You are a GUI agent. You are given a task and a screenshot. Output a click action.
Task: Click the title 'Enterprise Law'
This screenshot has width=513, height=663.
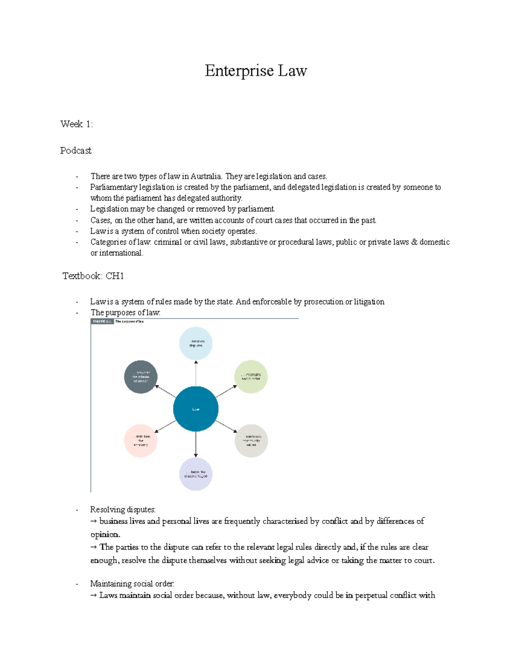(x=256, y=71)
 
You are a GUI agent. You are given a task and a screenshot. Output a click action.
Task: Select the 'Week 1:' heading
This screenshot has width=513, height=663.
(x=77, y=124)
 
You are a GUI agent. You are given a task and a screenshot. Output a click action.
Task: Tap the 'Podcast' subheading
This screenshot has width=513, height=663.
(x=76, y=151)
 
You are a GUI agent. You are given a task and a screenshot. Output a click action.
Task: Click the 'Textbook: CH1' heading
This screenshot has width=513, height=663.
(x=93, y=276)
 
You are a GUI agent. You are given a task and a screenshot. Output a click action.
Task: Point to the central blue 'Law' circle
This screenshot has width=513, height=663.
(x=196, y=409)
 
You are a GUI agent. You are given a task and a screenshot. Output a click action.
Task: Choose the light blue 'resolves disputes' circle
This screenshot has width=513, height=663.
(x=196, y=344)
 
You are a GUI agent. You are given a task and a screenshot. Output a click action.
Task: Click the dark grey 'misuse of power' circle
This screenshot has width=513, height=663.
(x=141, y=377)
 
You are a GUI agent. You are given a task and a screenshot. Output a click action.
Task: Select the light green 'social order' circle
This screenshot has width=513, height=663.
(x=251, y=377)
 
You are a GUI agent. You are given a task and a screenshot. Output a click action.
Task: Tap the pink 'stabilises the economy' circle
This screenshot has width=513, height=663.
(x=141, y=441)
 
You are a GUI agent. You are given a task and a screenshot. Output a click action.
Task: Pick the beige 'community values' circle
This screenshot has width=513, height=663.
(x=251, y=441)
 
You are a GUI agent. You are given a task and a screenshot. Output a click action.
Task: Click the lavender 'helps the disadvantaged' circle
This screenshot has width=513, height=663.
(x=196, y=474)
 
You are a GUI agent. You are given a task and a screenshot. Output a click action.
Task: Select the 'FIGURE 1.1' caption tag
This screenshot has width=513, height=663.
(x=102, y=321)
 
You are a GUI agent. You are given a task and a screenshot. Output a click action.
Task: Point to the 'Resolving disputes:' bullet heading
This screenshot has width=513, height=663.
(x=123, y=510)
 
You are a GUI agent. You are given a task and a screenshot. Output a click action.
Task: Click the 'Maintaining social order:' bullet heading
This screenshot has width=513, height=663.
(x=132, y=584)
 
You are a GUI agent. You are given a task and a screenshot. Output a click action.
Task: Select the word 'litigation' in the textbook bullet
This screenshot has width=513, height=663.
(x=369, y=302)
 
